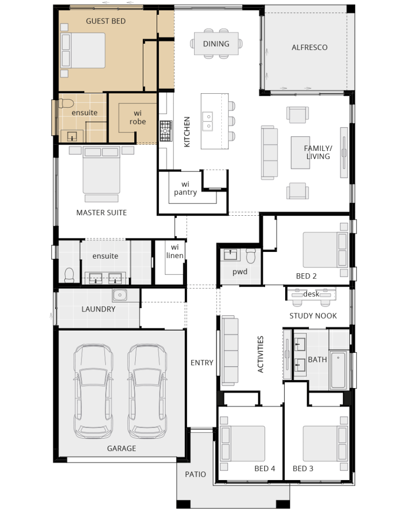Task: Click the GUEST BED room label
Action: click(x=106, y=21)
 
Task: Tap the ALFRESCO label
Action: click(x=309, y=48)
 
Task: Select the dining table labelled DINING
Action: click(x=216, y=44)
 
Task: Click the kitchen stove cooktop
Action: click(x=166, y=131)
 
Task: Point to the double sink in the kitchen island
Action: click(x=208, y=121)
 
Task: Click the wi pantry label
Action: click(x=185, y=188)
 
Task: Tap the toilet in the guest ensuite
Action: click(x=66, y=103)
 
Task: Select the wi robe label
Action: click(x=138, y=118)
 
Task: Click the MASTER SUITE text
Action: click(x=101, y=213)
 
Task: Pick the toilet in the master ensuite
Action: click(x=69, y=275)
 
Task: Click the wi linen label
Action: click(x=175, y=251)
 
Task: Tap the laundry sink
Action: click(x=119, y=295)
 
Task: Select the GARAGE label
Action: click(x=121, y=449)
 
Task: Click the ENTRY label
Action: click(x=202, y=363)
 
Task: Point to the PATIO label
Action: click(x=195, y=475)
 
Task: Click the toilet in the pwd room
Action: click(x=251, y=256)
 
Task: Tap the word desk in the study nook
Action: click(x=311, y=294)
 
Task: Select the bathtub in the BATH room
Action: click(x=338, y=370)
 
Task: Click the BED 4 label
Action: click(x=265, y=469)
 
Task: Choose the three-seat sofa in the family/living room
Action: click(x=269, y=153)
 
